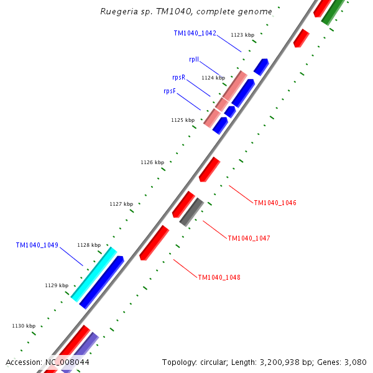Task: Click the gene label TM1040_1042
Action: point(195,33)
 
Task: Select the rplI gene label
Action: point(194,60)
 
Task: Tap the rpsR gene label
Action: point(178,77)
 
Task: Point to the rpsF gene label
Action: point(169,91)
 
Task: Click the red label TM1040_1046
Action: point(275,203)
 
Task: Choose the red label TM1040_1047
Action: point(249,238)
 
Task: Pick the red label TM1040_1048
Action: point(219,277)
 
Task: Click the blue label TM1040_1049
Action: point(37,245)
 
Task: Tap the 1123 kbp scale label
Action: point(242,35)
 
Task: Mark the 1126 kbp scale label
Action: point(152,162)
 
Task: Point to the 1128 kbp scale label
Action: point(89,245)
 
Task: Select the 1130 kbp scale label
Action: point(24,326)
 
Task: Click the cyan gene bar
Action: point(93,274)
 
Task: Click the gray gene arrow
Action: point(191,211)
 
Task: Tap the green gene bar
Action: point(334,11)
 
